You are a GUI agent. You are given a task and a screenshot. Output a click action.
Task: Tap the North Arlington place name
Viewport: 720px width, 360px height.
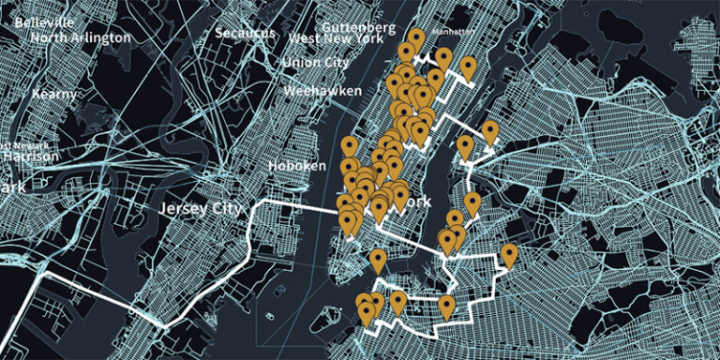point(81,37)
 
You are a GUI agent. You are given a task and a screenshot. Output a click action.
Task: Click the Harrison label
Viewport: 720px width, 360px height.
point(29,157)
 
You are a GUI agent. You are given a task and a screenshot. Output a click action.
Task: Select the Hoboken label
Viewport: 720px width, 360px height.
point(296,166)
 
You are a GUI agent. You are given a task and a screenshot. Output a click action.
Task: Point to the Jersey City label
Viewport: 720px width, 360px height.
point(201,208)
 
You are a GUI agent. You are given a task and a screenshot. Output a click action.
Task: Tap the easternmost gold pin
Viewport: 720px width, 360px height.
point(509,253)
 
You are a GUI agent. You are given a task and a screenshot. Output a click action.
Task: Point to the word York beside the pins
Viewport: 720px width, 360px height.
point(416,202)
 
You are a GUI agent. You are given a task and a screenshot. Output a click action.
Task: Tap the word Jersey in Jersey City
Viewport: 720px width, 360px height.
point(181,208)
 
